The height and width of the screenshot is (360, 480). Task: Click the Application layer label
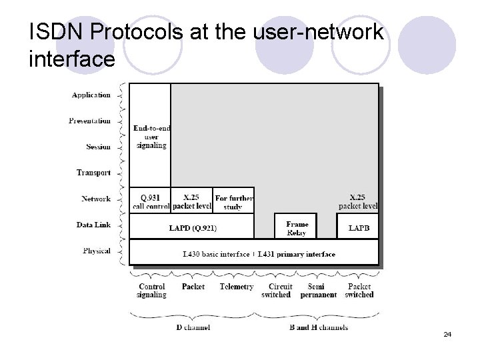click(x=91, y=95)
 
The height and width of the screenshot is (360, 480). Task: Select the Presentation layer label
click(x=89, y=121)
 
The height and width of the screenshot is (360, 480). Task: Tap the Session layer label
click(x=98, y=147)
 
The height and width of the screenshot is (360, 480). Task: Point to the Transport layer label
click(x=93, y=173)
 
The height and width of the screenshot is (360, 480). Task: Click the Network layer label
click(x=96, y=199)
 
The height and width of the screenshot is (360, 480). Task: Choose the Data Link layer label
click(x=93, y=225)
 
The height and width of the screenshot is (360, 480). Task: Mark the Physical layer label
click(x=97, y=251)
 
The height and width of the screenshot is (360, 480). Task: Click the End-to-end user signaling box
click(x=150, y=136)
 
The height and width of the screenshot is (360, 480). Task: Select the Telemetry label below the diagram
click(x=236, y=287)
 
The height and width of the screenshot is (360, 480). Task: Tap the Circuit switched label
click(x=276, y=291)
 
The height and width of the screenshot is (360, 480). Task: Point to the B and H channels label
click(x=318, y=327)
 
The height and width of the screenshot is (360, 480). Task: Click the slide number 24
click(x=447, y=334)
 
